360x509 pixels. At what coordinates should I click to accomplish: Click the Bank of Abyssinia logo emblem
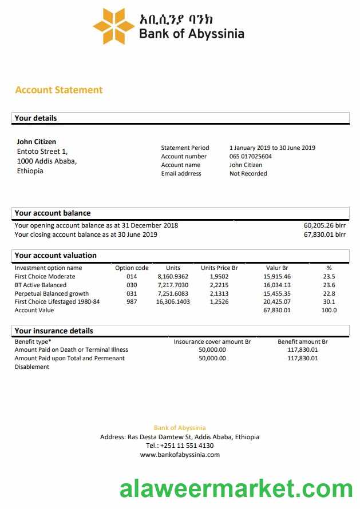point(114,26)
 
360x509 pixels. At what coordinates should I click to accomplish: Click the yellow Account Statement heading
point(59,90)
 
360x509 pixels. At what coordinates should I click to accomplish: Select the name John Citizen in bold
point(37,141)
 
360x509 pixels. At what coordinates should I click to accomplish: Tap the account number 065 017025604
point(251,156)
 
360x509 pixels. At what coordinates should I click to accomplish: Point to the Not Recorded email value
point(248,173)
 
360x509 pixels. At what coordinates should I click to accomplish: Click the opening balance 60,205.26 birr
point(325,225)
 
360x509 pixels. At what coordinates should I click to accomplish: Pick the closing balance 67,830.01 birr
point(325,234)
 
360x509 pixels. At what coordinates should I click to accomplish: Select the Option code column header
point(132,268)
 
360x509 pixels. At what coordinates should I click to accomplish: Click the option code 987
point(132,301)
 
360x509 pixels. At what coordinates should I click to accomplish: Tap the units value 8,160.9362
point(173,276)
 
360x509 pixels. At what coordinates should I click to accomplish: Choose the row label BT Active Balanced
point(41,285)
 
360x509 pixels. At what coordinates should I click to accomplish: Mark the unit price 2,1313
point(219,293)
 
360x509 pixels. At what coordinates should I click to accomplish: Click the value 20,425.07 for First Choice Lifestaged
point(277,301)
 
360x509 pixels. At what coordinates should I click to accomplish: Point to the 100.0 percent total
point(329,310)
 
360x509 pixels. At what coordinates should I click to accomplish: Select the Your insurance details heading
point(54,331)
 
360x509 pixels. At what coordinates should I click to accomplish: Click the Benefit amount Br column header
point(302,341)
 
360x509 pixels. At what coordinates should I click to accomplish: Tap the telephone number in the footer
point(180,446)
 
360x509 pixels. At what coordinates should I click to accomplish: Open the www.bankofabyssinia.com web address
point(180,455)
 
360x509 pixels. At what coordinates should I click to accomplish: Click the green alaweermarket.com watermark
point(236,490)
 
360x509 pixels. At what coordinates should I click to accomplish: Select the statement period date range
point(272,148)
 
